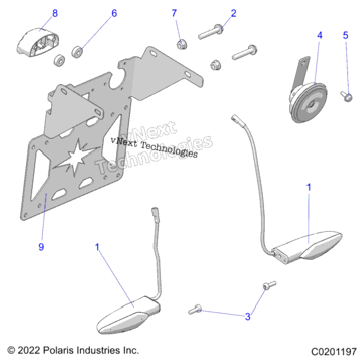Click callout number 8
pos(55,13)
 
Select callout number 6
pos(114,13)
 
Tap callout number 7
pos(174,13)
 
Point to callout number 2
pos(234,13)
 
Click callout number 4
pos(320,35)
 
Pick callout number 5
pos(346,35)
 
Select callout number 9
pos(41,247)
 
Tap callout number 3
pos(247,316)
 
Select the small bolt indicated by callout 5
pos(347,96)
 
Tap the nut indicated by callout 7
pos(182,44)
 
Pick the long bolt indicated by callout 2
pos(210,32)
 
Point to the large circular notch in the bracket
pos(117,80)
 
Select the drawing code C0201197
pos(334,352)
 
